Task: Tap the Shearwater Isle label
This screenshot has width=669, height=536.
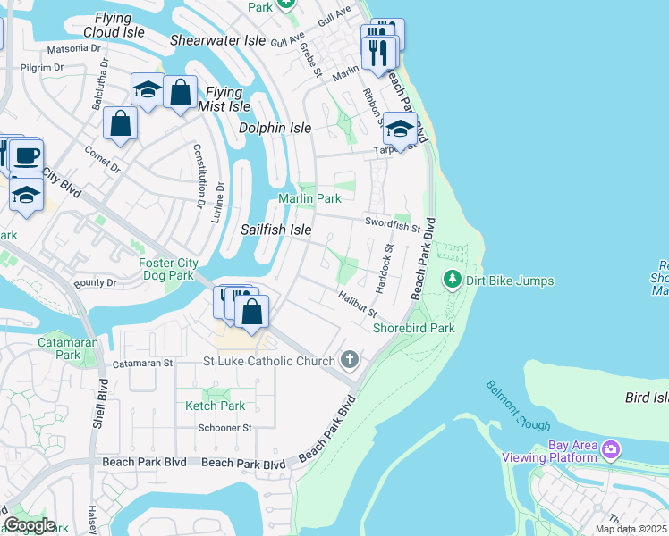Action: point(218,40)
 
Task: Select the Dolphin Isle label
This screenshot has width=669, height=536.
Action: point(275,128)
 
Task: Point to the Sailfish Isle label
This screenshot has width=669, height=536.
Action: point(276,230)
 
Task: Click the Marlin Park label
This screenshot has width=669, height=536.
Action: point(309,197)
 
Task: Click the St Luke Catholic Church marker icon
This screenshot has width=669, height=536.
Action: point(350,360)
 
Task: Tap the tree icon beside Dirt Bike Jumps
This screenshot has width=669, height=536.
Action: point(453,281)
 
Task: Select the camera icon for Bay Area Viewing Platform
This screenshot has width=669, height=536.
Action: point(611,448)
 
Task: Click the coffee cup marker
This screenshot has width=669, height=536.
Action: point(26,155)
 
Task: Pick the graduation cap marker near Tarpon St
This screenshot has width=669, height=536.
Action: point(401,130)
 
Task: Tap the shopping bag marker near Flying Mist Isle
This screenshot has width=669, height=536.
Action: point(180,91)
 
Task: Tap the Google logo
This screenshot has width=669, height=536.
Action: point(29,524)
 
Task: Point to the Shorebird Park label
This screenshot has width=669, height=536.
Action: point(414,328)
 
